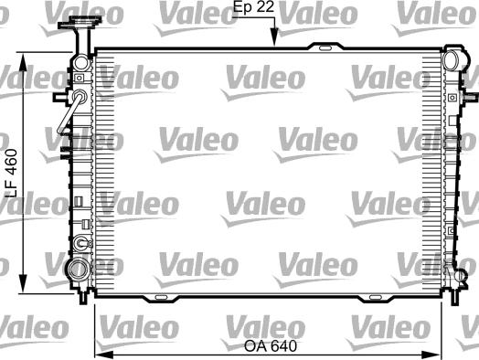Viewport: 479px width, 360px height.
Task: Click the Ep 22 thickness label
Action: [x=253, y=6]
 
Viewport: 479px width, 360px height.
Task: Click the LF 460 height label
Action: [x=12, y=173]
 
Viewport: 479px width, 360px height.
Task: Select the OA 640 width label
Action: [x=271, y=346]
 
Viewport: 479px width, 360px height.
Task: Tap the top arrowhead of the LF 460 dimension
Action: [x=23, y=62]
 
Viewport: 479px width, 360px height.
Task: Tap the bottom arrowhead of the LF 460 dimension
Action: [x=23, y=283]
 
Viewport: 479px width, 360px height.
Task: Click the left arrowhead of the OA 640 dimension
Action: [x=104, y=355]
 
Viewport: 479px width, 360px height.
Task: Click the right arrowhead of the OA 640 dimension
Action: [x=431, y=355]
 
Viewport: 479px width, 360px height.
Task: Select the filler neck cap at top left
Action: [x=80, y=23]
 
